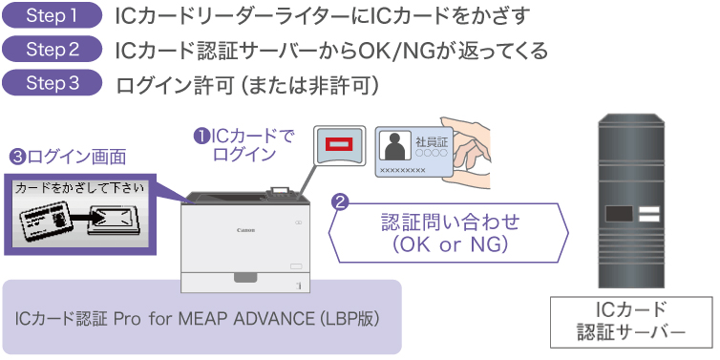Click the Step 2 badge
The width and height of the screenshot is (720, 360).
click(53, 49)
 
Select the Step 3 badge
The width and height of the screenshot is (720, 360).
click(53, 83)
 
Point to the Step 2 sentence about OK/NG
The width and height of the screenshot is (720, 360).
click(330, 50)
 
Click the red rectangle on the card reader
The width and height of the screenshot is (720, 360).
click(340, 144)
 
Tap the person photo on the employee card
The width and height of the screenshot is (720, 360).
click(393, 146)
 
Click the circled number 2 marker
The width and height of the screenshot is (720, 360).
click(338, 201)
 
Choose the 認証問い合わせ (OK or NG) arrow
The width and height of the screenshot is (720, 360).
click(449, 233)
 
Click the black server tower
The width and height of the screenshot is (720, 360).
click(631, 200)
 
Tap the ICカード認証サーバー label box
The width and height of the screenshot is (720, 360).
click(630, 322)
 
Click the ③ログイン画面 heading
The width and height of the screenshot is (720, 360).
click(67, 157)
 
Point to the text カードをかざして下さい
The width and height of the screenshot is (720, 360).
click(81, 188)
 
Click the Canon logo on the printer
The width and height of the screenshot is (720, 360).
click(245, 230)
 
